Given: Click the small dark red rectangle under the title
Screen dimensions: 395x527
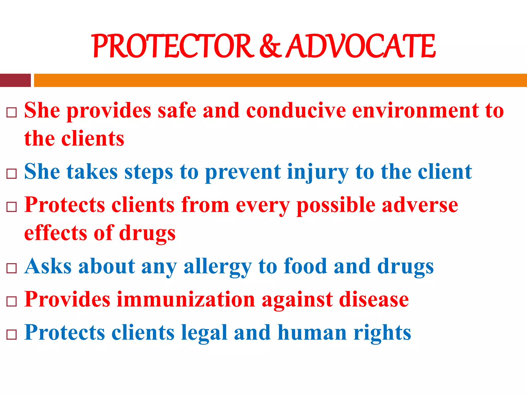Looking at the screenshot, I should [x=15, y=80].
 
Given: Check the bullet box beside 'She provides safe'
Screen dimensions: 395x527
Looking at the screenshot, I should [x=12, y=112].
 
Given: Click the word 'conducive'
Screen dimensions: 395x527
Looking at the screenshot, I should [x=296, y=111].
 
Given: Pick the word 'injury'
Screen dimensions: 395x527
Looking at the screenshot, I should [x=318, y=172].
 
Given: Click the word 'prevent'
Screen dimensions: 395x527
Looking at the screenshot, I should [x=243, y=172].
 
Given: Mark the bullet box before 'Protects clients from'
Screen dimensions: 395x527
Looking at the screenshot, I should [x=12, y=207].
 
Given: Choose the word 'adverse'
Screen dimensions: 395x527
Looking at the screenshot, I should [x=420, y=205].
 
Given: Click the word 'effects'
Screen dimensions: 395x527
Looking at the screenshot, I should [x=56, y=233].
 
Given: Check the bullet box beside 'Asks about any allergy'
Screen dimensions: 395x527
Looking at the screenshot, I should [x=12, y=268].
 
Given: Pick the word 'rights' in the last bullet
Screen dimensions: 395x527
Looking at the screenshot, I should [x=382, y=333].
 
